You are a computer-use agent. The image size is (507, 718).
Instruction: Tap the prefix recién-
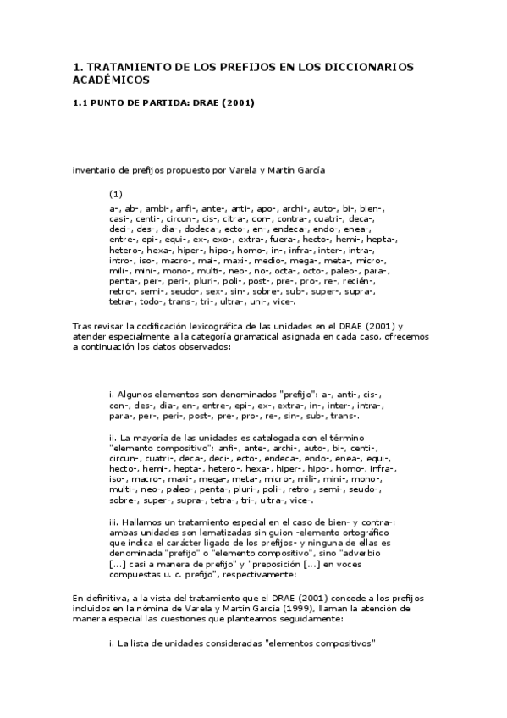[x=372, y=280]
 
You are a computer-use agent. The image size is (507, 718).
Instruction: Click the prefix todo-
[x=153, y=302]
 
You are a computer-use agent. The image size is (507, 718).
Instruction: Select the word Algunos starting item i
[x=136, y=394]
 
